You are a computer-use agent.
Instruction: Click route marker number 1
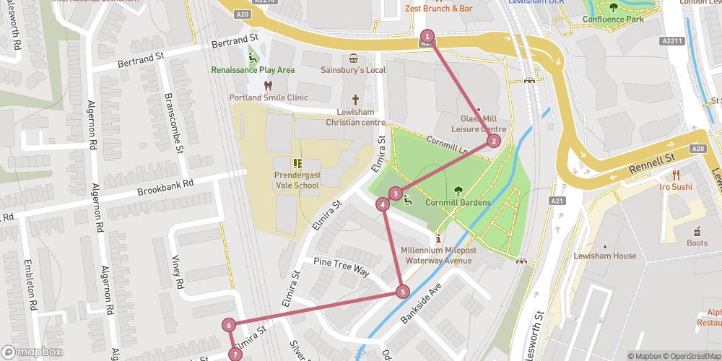427,36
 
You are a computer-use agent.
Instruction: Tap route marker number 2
493,141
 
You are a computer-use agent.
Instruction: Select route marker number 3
396,193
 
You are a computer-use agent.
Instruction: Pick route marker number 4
383,204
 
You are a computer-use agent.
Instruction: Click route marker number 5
402,292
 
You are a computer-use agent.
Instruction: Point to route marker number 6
229,325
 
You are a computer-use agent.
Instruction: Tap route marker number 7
235,355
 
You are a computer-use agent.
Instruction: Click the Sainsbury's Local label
353,70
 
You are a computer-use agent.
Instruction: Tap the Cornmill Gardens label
458,203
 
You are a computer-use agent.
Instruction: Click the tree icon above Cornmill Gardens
458,191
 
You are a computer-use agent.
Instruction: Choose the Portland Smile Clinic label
269,97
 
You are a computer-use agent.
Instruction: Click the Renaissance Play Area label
253,70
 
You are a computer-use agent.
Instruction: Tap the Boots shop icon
697,232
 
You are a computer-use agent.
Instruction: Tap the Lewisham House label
604,256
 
